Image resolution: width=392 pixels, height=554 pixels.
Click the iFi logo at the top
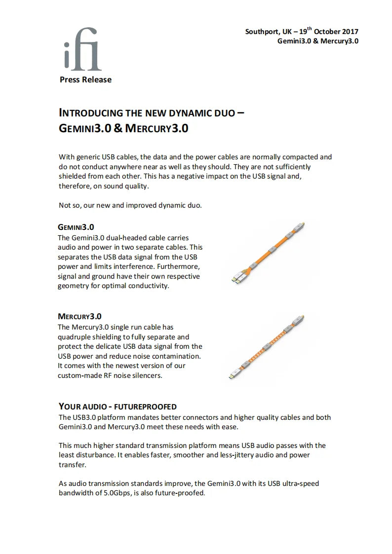[x=83, y=55]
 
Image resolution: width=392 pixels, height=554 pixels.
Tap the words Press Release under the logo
[x=85, y=79]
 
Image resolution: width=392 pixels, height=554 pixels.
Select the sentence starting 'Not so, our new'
[x=130, y=205]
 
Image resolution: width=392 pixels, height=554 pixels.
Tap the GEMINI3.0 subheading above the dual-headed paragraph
[x=76, y=227]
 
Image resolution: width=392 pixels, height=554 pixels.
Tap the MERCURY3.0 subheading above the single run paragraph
[x=79, y=316]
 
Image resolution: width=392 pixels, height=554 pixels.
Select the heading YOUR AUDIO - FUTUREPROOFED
[x=118, y=406]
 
